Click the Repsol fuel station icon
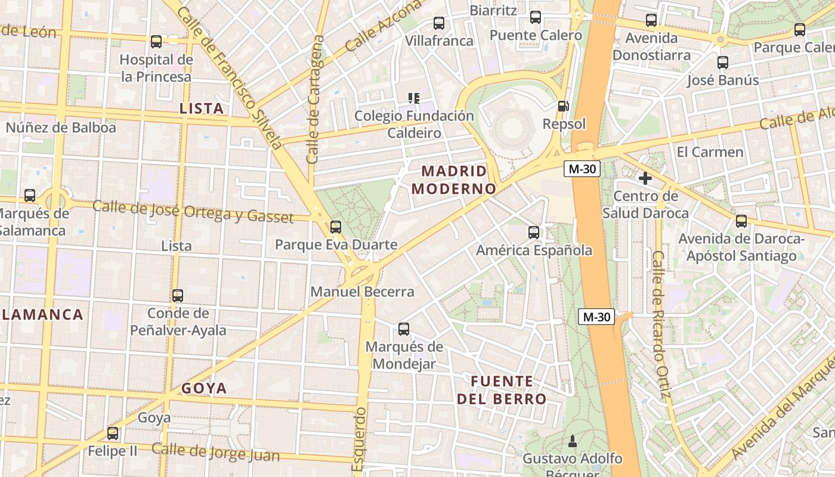(562, 106)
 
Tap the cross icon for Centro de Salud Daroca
(645, 178)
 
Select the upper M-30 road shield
(582, 169)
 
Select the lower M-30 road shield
(596, 317)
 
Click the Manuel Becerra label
(362, 292)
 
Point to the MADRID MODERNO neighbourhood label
(454, 180)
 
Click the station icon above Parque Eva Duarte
(336, 227)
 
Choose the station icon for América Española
(534, 232)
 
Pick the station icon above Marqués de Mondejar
(404, 329)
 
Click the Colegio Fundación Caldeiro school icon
(413, 98)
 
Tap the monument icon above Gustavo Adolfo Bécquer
(573, 441)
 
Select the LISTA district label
(202, 109)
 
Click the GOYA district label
(204, 388)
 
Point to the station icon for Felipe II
(113, 433)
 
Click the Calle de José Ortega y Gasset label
(193, 212)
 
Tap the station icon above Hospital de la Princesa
(156, 42)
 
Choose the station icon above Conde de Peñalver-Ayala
(178, 295)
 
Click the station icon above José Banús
(723, 62)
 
